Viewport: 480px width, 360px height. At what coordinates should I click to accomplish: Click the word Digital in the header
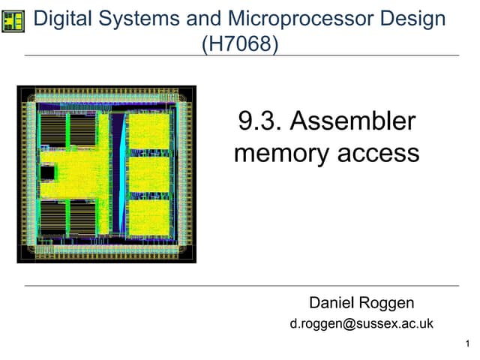coord(63,19)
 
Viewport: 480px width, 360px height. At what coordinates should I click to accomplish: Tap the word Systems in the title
coord(139,19)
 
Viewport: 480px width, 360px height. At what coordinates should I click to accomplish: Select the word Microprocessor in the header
coord(301,19)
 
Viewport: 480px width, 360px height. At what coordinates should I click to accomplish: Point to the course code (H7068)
coord(240,43)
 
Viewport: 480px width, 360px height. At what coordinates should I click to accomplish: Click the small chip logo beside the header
coord(13,22)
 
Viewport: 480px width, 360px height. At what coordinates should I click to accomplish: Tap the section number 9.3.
coord(259,121)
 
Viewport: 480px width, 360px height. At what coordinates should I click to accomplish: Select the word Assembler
coord(352,121)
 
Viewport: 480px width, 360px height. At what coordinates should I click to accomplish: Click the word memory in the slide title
coord(282,153)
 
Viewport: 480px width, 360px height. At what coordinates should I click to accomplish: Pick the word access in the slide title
coord(378,153)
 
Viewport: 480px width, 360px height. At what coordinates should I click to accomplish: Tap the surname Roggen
coord(386,303)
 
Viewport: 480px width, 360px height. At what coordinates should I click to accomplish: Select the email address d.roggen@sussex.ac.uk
coord(361,324)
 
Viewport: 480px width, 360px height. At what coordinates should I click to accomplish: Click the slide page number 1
coord(467,343)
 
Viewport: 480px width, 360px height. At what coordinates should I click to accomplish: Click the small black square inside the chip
coord(47,173)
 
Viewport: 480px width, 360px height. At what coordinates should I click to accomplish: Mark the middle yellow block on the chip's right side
coord(149,175)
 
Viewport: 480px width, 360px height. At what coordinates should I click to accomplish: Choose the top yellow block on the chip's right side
coord(149,132)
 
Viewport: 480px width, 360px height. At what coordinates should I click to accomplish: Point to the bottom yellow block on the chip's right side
coord(149,217)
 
